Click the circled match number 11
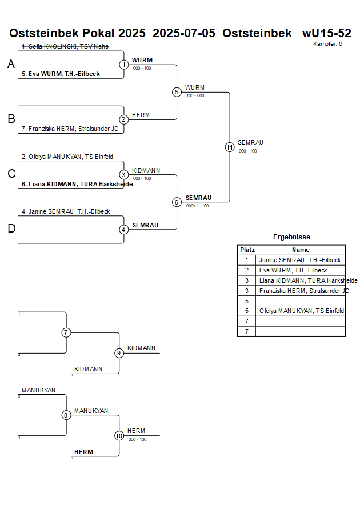230,147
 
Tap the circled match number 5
177,92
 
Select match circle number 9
119,353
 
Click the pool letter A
11,65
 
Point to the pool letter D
11,229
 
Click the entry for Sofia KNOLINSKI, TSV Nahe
65,46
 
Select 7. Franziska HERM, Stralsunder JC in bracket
70,129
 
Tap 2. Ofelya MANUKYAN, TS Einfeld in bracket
67,157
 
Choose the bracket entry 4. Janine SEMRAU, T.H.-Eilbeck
66,211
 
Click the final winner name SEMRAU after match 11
251,142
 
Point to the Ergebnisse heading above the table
291,237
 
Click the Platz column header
247,250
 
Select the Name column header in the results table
301,250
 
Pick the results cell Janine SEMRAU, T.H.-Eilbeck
300,260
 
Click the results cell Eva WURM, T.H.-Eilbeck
293,270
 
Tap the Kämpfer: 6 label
327,44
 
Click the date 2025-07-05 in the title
184,33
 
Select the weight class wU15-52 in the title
326,33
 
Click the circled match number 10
119,435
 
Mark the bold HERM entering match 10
83,452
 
